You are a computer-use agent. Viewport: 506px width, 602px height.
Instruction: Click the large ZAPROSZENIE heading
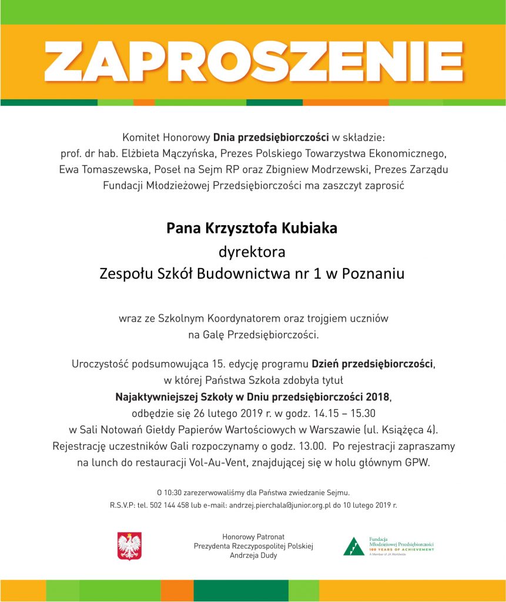[x=253, y=61]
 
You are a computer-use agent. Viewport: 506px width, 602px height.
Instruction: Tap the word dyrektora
[x=252, y=253]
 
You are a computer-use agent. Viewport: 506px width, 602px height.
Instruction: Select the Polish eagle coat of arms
[x=129, y=546]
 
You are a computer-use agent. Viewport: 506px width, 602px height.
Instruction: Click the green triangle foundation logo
[x=354, y=547]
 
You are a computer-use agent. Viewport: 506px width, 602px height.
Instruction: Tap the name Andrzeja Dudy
[x=253, y=556]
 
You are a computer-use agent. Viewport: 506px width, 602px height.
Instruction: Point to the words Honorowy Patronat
[x=253, y=537]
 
